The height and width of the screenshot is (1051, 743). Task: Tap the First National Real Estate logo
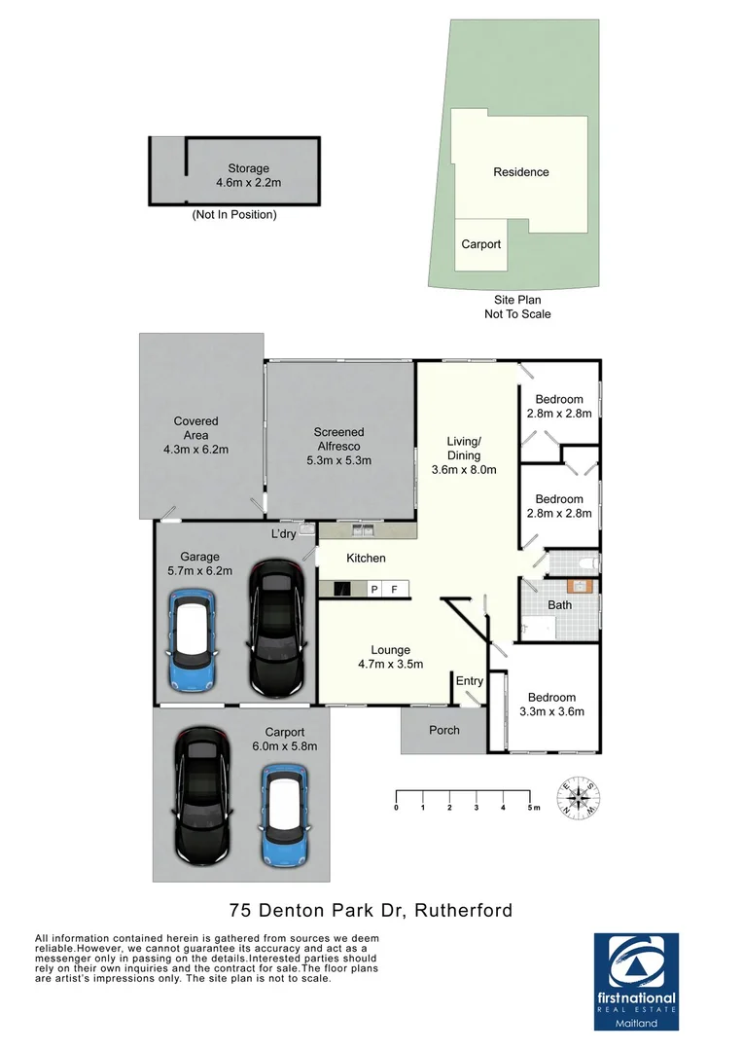(x=636, y=981)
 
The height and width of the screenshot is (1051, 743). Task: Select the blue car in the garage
(x=198, y=637)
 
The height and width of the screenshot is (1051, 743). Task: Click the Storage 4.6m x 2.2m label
(x=248, y=175)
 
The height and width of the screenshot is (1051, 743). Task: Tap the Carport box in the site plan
(x=480, y=244)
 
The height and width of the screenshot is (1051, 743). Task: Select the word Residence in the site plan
(x=520, y=172)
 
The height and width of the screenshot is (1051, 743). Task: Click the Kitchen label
(x=367, y=559)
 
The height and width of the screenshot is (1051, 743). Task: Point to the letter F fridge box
(x=394, y=589)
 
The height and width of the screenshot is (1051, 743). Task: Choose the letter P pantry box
(x=373, y=589)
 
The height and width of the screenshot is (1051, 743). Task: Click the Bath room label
(x=559, y=604)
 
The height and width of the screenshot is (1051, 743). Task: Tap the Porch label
(x=443, y=730)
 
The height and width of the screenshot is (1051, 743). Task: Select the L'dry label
(x=283, y=534)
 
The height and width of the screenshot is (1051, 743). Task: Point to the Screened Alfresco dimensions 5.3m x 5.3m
(x=338, y=460)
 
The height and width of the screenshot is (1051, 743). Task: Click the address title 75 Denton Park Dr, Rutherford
(x=371, y=911)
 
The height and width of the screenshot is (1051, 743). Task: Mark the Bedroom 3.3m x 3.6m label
(x=551, y=705)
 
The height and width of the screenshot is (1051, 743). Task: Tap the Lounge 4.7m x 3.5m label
(x=390, y=657)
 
